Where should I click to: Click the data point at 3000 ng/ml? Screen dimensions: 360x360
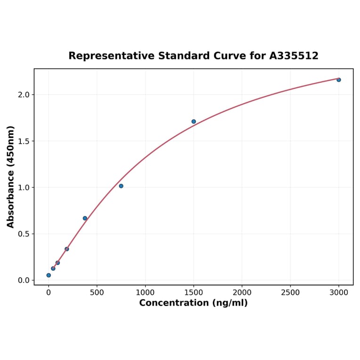338,80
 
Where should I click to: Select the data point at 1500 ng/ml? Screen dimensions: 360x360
194,122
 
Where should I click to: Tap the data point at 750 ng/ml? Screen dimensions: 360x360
121,186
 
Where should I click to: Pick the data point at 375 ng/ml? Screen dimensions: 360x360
85,218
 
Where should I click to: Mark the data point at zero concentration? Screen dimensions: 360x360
49,275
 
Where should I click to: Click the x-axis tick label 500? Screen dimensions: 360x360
97,293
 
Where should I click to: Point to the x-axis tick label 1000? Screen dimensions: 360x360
145,293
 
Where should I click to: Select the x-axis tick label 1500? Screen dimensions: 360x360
194,293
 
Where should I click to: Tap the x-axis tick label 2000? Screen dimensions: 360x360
242,293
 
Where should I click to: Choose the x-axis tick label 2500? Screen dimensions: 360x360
290,293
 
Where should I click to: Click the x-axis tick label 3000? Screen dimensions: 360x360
338,293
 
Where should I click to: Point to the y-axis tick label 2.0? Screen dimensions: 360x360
24,95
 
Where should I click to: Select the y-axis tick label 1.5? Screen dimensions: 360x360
24,141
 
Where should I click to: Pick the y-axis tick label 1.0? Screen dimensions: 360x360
24,188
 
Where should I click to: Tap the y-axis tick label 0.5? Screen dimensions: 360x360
24,234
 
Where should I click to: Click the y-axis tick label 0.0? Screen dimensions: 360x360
24,280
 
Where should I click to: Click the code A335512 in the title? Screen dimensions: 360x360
294,56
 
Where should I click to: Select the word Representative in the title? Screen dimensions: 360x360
111,56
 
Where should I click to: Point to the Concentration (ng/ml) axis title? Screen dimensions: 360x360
193,303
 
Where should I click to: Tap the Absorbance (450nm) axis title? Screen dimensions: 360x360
11,177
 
